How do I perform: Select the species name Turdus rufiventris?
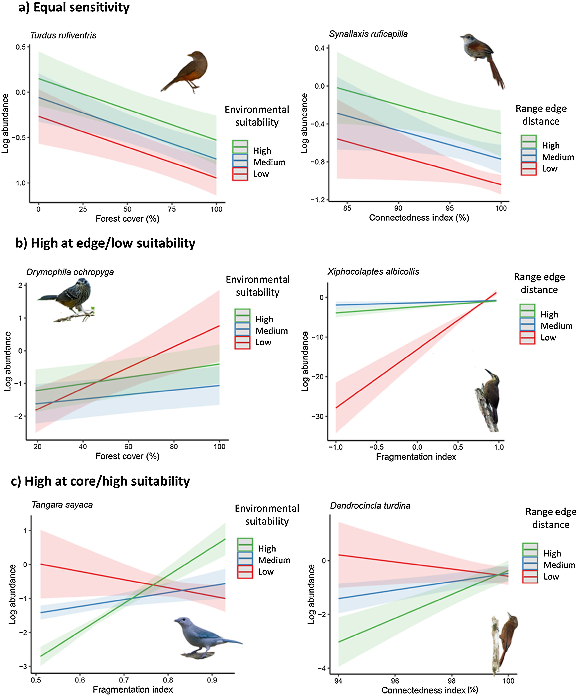pos(63,35)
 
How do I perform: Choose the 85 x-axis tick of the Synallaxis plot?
pos(347,208)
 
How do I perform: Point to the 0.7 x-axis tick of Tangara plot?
pos(124,680)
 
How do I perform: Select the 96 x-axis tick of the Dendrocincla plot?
pos(395,681)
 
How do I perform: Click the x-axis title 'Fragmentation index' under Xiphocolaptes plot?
pos(416,457)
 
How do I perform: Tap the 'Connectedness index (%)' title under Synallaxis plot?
pos(419,218)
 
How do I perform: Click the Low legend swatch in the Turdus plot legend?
pos(240,174)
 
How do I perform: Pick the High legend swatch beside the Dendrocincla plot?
pos(530,553)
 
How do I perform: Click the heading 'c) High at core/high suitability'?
pos(100,481)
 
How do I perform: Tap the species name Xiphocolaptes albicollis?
pos(373,272)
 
